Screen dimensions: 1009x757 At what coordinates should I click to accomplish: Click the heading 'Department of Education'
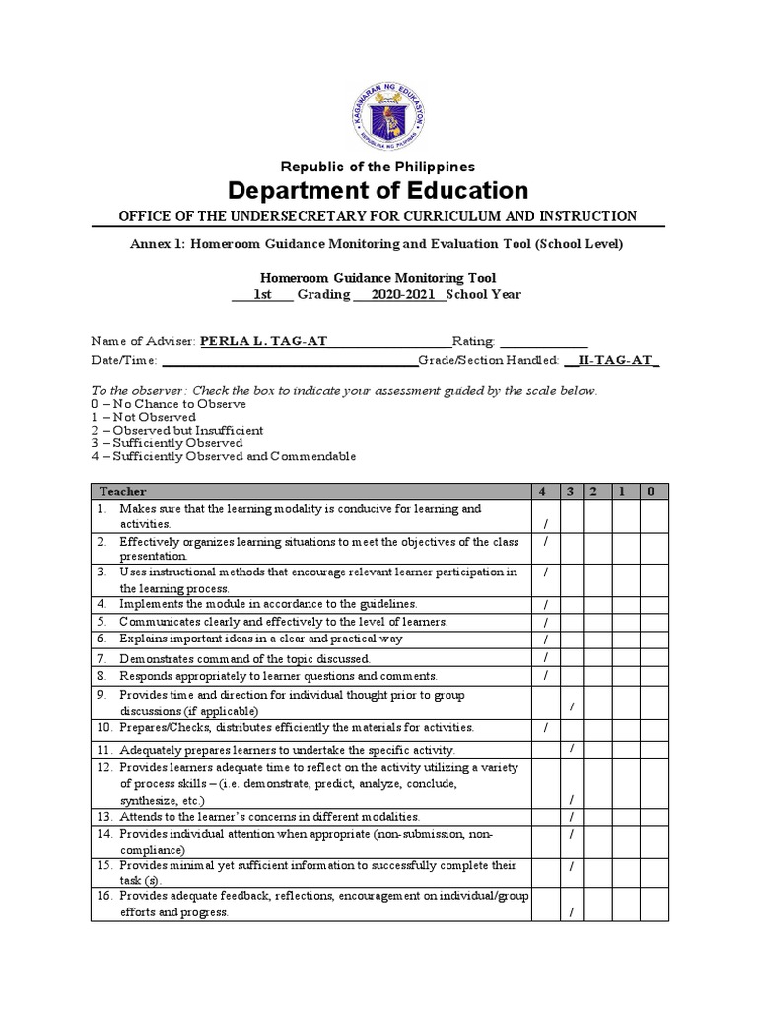(378, 189)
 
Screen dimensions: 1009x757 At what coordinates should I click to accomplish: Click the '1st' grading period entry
(262, 294)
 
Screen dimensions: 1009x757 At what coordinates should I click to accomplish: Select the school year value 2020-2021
(400, 294)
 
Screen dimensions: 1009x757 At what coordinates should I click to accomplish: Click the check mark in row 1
(544, 524)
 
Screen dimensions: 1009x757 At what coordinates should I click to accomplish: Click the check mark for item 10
(544, 728)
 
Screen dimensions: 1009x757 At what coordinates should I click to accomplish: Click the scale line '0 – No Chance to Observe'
(168, 404)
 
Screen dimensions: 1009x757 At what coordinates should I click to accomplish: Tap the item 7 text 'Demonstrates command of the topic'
(244, 657)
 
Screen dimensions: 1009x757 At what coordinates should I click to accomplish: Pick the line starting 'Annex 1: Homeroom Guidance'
(378, 244)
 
